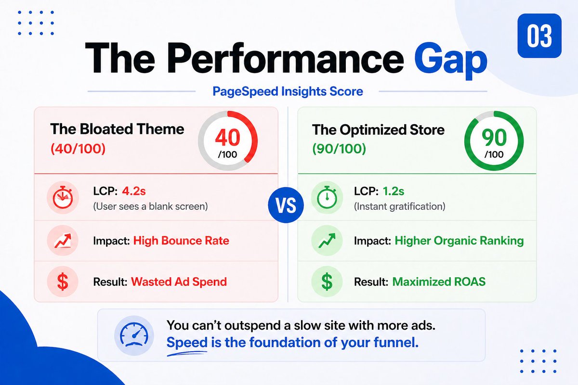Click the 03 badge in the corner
[x=539, y=36]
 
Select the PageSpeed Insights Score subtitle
[x=289, y=90]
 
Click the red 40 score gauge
[x=227, y=141]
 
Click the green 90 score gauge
[x=494, y=141]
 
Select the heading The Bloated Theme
[x=117, y=129]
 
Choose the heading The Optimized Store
[x=378, y=129]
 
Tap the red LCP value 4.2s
[x=134, y=192]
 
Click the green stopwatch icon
[x=327, y=199]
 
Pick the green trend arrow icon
[x=327, y=240]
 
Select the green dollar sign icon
[x=327, y=282]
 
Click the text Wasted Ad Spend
[x=179, y=282]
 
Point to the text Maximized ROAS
[x=439, y=282]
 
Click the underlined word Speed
[x=187, y=343]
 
